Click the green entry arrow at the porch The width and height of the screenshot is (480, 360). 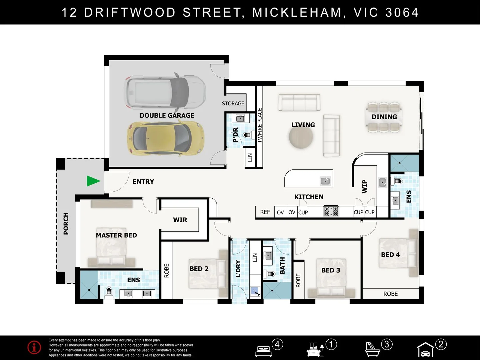[x=93, y=181]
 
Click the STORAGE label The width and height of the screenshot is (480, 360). [x=233, y=103]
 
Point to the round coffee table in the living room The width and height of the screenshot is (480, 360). [x=301, y=137]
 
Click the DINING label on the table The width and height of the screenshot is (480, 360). [x=384, y=117]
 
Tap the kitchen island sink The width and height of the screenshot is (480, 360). [x=325, y=181]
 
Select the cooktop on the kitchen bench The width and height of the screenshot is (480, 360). [x=331, y=211]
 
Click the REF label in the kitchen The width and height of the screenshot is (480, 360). [x=265, y=212]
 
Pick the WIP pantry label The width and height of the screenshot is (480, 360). [x=365, y=186]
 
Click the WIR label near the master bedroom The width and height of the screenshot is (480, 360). [x=180, y=220]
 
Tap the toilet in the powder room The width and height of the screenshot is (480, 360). [x=247, y=135]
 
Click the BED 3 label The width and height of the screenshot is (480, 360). [x=331, y=270]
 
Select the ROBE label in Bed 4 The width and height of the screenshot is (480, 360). [x=390, y=294]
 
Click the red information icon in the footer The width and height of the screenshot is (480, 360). [x=34, y=347]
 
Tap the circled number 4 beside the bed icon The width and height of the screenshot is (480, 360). [x=277, y=344]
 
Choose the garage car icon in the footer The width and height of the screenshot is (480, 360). [x=426, y=350]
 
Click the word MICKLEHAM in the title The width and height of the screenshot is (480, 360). [x=297, y=12]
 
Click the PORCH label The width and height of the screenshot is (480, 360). [x=66, y=223]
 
